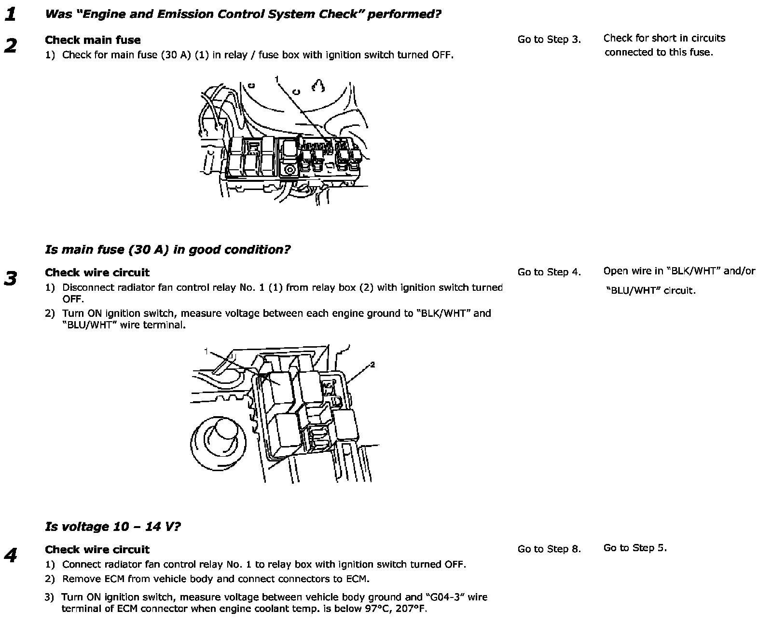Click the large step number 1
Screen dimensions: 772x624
(11, 14)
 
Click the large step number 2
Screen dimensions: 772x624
(11, 46)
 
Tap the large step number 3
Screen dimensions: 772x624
(11, 279)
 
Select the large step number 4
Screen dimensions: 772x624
(11, 556)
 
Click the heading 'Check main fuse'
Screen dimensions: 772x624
(93, 40)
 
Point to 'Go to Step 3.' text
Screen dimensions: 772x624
(549, 40)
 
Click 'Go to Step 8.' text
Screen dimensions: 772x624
(549, 549)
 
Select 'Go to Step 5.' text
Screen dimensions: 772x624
(635, 548)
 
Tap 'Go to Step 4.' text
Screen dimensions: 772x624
(549, 272)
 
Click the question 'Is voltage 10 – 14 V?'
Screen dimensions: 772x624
(113, 526)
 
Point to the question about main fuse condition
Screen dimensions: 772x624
(167, 249)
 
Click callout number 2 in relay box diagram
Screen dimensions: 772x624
(372, 365)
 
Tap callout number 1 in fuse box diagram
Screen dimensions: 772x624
(277, 79)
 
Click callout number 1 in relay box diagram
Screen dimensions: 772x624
(206, 351)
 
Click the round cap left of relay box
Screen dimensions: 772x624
(218, 443)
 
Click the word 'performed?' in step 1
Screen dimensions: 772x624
(404, 14)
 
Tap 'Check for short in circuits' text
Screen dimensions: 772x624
(664, 39)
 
